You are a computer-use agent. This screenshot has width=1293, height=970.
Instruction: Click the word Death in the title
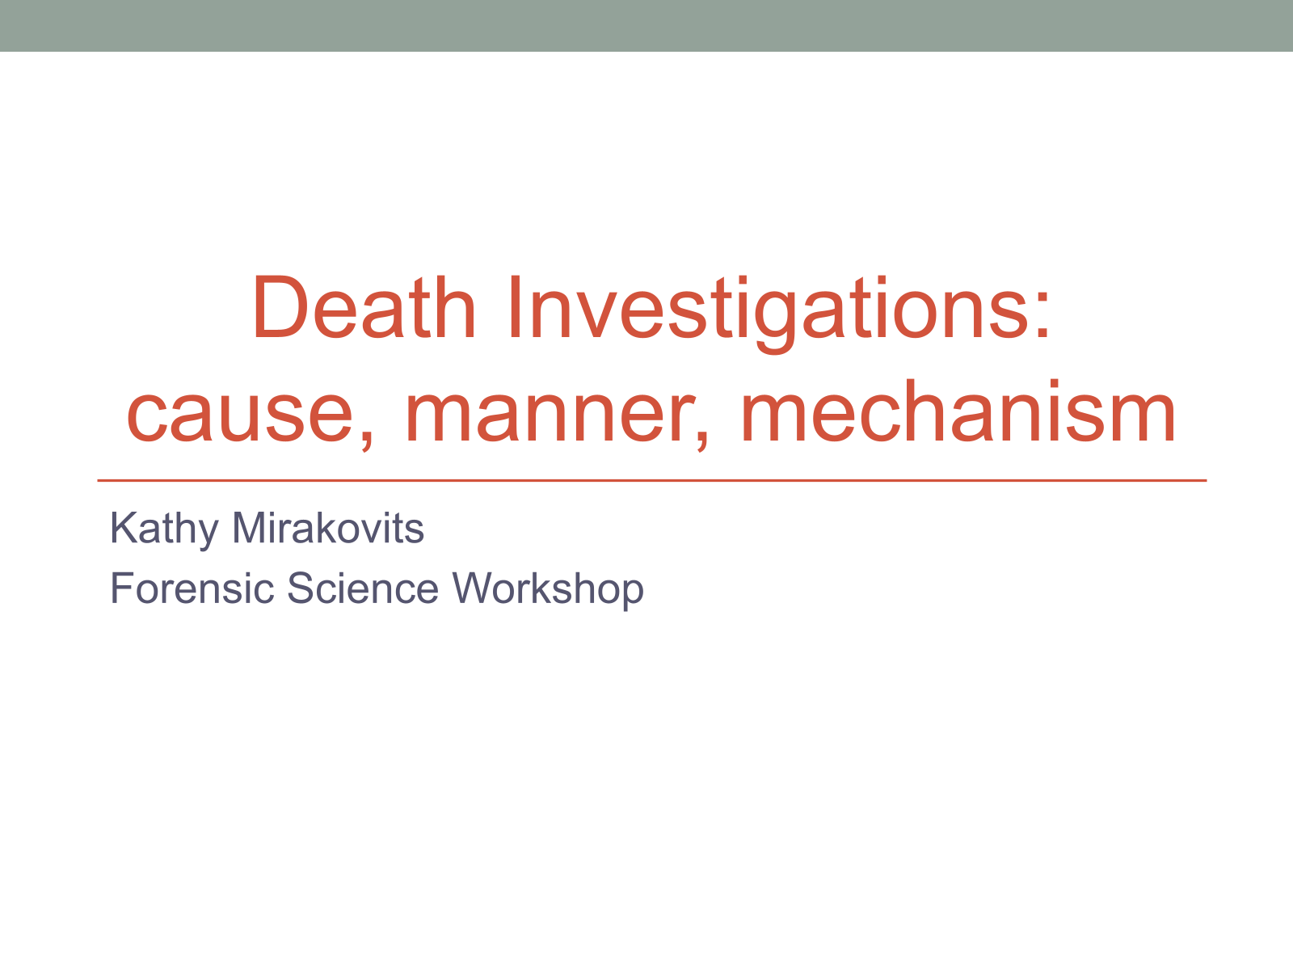pyautogui.click(x=364, y=307)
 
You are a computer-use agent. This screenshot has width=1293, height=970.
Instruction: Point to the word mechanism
pyautogui.click(x=958, y=411)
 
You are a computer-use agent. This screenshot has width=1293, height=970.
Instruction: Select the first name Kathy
pyautogui.click(x=164, y=529)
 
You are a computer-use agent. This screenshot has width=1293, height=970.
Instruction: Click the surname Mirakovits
pyautogui.click(x=328, y=528)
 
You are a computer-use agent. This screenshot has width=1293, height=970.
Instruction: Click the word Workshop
pyautogui.click(x=548, y=591)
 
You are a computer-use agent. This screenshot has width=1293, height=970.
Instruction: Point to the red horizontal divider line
pyautogui.click(x=652, y=481)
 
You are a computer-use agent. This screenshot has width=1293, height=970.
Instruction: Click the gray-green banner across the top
pyautogui.click(x=646, y=25)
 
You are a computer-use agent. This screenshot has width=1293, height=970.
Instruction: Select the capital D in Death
pyautogui.click(x=281, y=307)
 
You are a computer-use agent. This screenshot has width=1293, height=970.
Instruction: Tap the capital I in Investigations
pyautogui.click(x=514, y=307)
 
